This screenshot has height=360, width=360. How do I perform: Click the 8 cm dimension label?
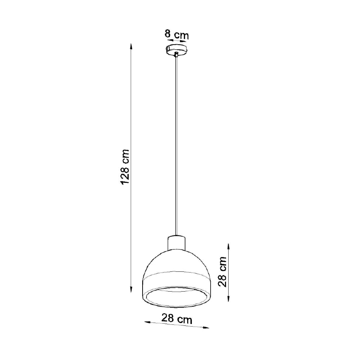coord(176,35)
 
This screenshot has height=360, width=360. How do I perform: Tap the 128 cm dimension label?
coord(125,167)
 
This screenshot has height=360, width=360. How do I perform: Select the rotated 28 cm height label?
coord(223,271)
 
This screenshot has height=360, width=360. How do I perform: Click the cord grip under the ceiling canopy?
coord(176,55)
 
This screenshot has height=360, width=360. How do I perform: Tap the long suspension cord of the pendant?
coord(176,144)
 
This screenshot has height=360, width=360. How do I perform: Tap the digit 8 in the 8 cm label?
coord(167,35)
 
